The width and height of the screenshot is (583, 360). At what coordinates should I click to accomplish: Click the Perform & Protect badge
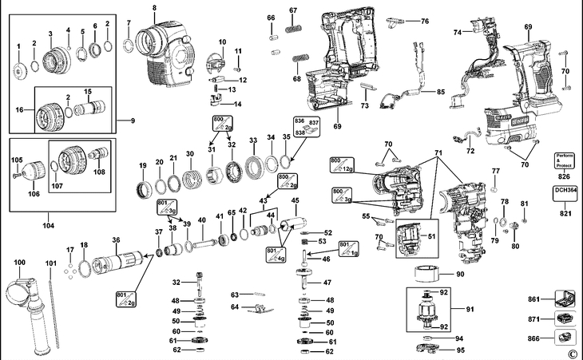click(565, 159)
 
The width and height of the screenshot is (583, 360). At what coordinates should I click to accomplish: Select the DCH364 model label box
click(565, 192)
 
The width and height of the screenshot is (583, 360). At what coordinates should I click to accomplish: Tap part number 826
click(565, 176)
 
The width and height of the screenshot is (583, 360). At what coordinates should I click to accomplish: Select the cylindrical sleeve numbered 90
click(431, 275)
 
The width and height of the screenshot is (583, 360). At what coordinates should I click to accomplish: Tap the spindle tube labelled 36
click(117, 260)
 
